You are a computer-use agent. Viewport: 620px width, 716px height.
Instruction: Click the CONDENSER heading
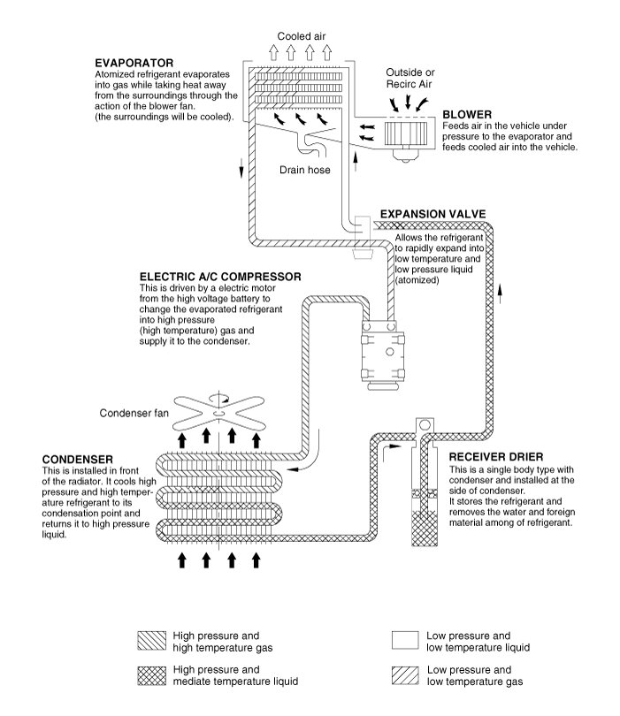[77, 460]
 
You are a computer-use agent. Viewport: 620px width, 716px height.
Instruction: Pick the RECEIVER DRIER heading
[494, 457]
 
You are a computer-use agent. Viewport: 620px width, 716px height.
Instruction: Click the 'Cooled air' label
[302, 36]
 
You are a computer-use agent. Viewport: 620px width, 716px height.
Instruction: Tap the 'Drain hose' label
[305, 170]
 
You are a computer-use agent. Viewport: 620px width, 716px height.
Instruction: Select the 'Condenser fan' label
[133, 413]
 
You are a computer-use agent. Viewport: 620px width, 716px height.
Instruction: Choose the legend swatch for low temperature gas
[404, 676]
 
